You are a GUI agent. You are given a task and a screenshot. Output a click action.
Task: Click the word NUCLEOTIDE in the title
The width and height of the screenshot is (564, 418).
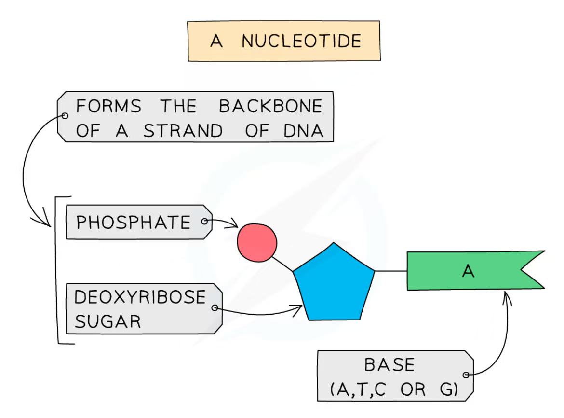[301, 41]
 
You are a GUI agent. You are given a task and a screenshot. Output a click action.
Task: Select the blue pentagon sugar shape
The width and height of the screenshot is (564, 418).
[334, 285]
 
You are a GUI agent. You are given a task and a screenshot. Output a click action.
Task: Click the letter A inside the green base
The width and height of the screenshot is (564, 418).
[468, 272]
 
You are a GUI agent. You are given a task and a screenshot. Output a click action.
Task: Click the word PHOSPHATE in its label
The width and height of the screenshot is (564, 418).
[134, 223]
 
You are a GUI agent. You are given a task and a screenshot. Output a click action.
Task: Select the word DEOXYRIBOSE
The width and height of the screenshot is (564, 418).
[140, 297]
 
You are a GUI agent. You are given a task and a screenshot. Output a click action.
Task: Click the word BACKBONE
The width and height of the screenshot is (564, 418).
[270, 106]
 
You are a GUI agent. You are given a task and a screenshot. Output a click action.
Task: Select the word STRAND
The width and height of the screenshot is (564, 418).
[183, 131]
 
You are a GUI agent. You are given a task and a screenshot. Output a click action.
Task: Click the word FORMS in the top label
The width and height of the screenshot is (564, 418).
[109, 106]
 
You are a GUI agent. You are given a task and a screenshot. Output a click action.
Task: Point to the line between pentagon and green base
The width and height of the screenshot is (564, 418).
[390, 271]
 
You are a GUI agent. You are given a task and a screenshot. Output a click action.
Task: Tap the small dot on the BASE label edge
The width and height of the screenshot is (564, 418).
[466, 375]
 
